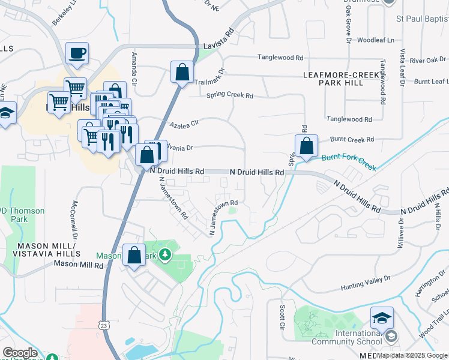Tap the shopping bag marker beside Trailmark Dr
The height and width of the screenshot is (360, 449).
click(182, 73)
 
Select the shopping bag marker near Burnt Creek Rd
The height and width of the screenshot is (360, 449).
click(306, 146)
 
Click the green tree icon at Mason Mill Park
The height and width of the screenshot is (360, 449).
click(164, 256)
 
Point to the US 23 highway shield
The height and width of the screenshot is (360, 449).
click(104, 325)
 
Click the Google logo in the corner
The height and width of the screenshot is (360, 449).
click(20, 353)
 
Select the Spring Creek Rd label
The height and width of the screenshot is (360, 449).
click(230, 95)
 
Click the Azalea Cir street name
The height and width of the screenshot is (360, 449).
click(184, 124)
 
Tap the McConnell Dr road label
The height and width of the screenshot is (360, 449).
click(76, 220)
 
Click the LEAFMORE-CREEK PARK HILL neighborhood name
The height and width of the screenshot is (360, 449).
click(341, 79)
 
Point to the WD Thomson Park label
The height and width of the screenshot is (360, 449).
click(22, 215)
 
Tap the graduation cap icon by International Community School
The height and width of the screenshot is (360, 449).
click(381, 318)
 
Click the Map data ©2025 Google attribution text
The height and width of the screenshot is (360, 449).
click(412, 355)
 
